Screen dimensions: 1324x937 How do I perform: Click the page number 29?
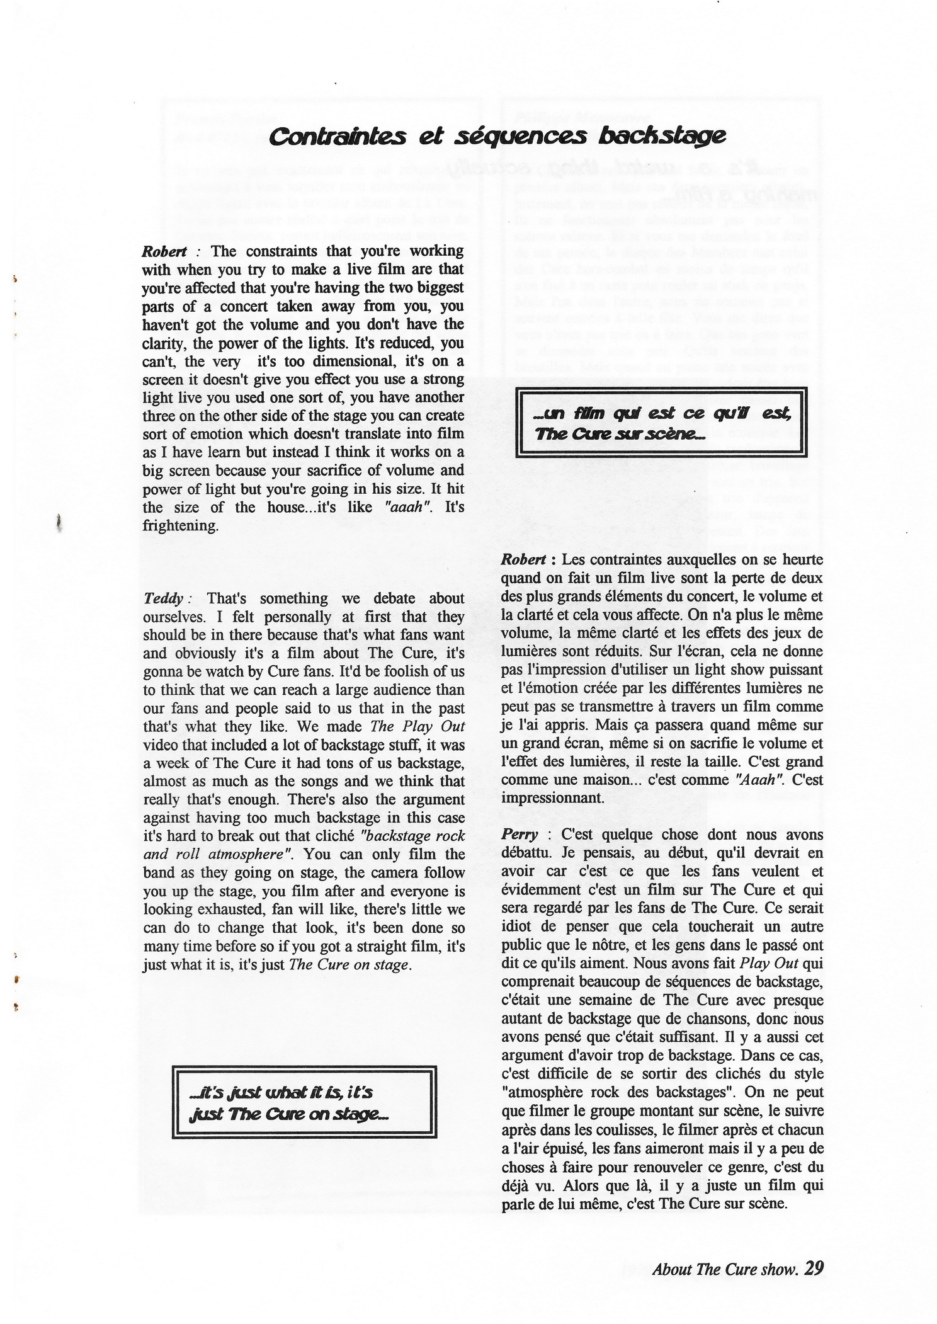pyautogui.click(x=814, y=1267)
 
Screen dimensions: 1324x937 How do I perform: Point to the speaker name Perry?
pyautogui.click(x=520, y=835)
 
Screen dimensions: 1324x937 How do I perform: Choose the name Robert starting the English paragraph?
pyautogui.click(x=164, y=251)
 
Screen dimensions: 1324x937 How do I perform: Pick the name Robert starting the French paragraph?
pyautogui.click(x=523, y=559)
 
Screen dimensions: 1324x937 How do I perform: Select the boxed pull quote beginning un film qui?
pyautogui.click(x=661, y=423)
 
